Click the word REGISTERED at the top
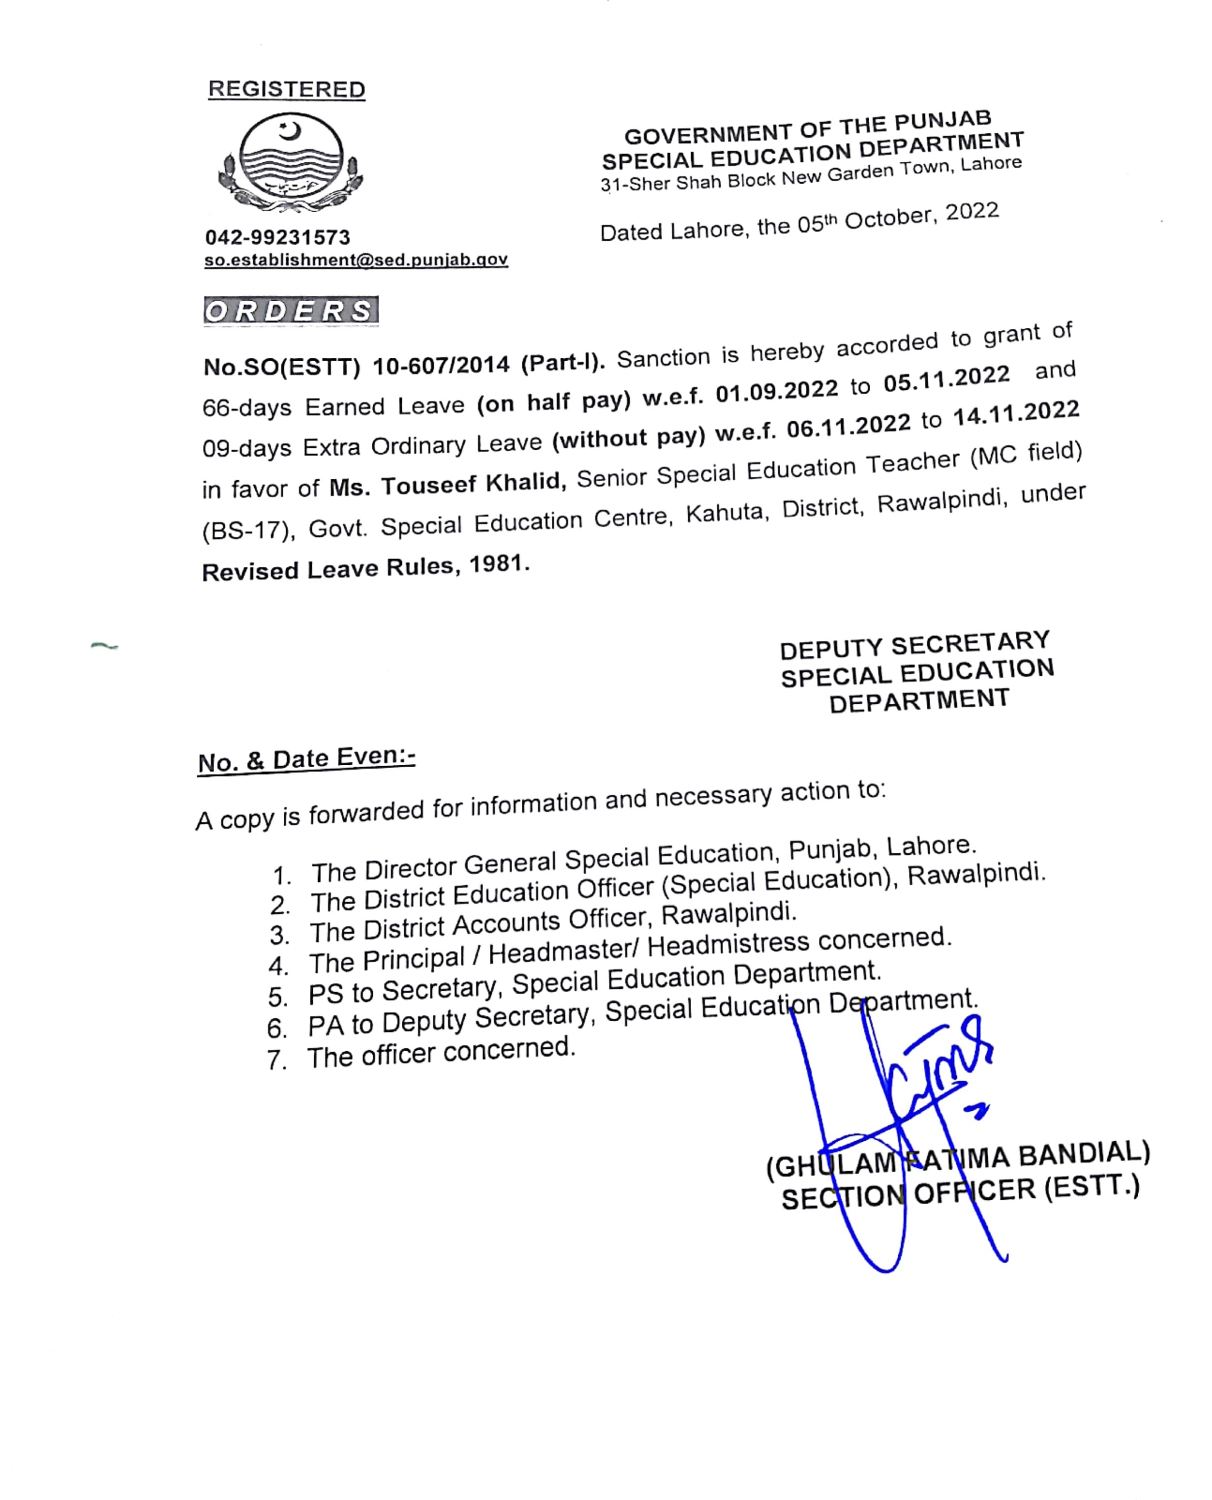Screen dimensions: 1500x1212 click(x=286, y=90)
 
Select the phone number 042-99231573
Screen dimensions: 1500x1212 click(x=277, y=237)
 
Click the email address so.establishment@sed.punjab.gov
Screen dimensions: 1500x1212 click(x=355, y=260)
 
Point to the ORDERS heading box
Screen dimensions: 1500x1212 click(x=290, y=311)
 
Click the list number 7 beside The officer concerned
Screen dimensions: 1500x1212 click(x=276, y=1061)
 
